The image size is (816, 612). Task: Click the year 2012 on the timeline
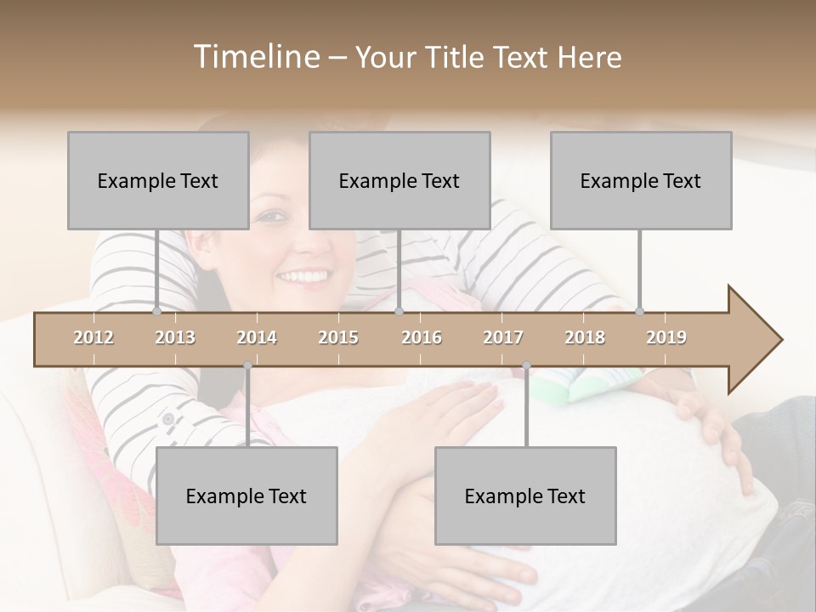tap(93, 337)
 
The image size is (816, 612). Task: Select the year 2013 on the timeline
tap(175, 337)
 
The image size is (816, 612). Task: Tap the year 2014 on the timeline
tap(257, 337)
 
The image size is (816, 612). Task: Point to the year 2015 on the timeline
tap(338, 337)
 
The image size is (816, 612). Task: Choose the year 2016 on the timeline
tap(422, 337)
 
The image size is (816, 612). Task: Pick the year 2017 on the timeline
tap(503, 337)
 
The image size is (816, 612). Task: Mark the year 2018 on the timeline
tap(585, 337)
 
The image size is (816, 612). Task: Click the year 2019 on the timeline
tap(666, 337)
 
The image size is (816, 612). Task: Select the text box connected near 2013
tap(158, 180)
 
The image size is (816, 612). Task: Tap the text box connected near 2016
tap(399, 180)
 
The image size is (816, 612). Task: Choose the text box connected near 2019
tap(641, 180)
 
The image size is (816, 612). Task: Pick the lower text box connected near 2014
tap(246, 496)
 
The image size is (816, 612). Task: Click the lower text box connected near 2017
tap(525, 496)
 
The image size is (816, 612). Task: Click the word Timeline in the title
tap(254, 57)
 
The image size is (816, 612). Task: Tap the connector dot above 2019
tap(640, 311)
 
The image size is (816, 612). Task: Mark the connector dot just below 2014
tap(247, 365)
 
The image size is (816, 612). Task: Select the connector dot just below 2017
tap(526, 365)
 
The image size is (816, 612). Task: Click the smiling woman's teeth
tap(303, 276)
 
